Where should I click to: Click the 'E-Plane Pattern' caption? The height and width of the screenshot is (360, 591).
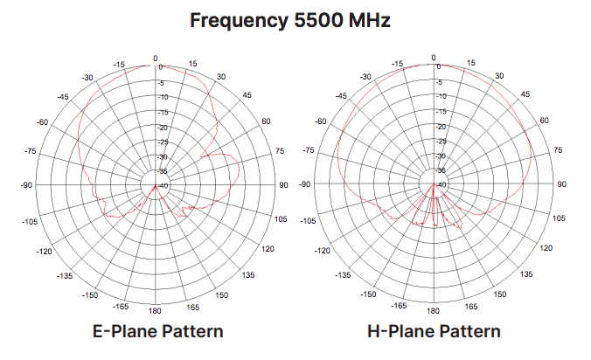(x=158, y=331)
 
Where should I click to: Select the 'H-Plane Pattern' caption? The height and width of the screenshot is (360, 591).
(x=435, y=331)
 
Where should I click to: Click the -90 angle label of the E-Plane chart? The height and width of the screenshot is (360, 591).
(x=26, y=185)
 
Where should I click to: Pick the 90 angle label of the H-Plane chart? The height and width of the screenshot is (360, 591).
(x=561, y=185)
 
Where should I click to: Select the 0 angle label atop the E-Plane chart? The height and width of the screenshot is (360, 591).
(x=156, y=59)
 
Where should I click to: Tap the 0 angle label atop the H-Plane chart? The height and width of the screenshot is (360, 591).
(x=434, y=59)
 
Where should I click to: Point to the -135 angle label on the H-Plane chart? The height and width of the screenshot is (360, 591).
(x=341, y=275)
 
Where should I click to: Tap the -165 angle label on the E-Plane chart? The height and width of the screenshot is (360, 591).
(x=122, y=307)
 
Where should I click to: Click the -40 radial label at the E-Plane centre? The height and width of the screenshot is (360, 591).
(x=163, y=186)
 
